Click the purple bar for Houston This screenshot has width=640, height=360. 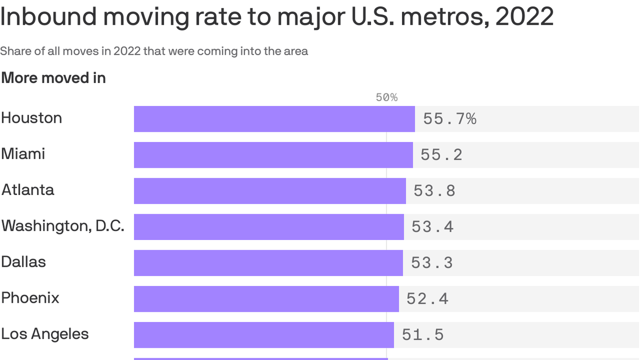(x=274, y=119)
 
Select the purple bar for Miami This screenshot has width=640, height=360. (x=273, y=155)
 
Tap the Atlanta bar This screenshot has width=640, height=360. (x=270, y=191)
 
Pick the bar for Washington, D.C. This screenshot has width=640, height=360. (x=269, y=227)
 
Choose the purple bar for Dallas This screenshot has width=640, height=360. (x=268, y=263)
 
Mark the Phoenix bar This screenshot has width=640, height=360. (x=266, y=299)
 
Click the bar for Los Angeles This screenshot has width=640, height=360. (x=264, y=335)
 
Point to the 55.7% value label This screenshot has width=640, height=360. (x=449, y=119)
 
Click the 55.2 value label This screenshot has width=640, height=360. (x=441, y=155)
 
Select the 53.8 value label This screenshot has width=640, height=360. (x=434, y=191)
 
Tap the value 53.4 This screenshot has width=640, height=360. (x=432, y=227)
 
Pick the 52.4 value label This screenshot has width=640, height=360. (x=427, y=299)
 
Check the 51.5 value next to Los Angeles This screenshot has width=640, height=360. (x=423, y=335)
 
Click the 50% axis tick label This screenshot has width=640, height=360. (x=387, y=97)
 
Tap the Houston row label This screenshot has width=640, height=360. (x=31, y=118)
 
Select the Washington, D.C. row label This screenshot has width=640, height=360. (x=63, y=226)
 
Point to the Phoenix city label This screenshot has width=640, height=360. (x=30, y=298)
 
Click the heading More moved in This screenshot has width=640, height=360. (x=53, y=78)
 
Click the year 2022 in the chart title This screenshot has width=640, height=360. (x=524, y=16)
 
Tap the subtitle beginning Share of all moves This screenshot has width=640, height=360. (x=154, y=51)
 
